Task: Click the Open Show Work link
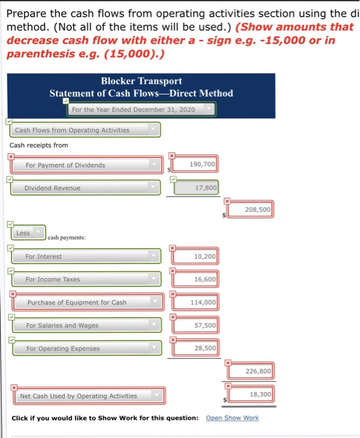click(232, 417)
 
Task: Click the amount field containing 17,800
click(197, 187)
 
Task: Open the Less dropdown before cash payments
click(28, 233)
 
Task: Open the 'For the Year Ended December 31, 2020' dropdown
click(141, 109)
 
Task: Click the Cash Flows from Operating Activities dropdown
click(85, 130)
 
